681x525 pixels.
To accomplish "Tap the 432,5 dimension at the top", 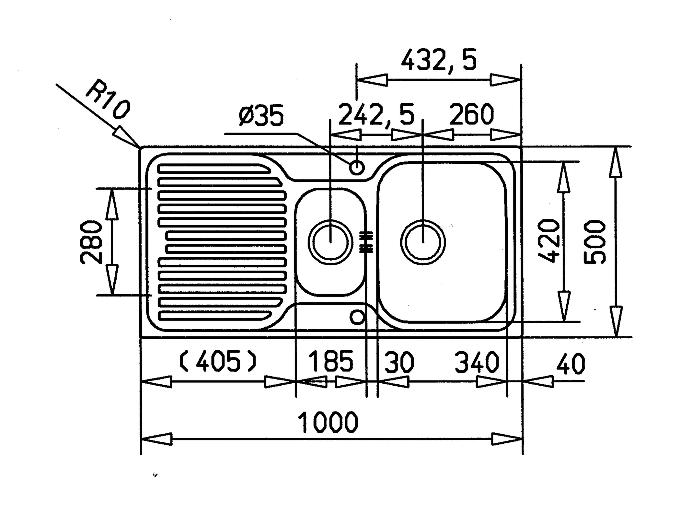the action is (x=439, y=60).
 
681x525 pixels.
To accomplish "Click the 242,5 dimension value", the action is (x=376, y=115).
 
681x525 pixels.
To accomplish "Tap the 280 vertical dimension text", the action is (x=91, y=242).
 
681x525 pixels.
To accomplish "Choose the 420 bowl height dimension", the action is (x=549, y=241).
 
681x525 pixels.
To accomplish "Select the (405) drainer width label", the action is (x=218, y=362).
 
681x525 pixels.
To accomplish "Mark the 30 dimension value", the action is (x=399, y=362).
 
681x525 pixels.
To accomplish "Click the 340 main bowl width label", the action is (x=477, y=362).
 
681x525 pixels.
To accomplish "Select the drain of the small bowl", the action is (x=331, y=242).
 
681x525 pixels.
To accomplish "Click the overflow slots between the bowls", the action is (x=366, y=241).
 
